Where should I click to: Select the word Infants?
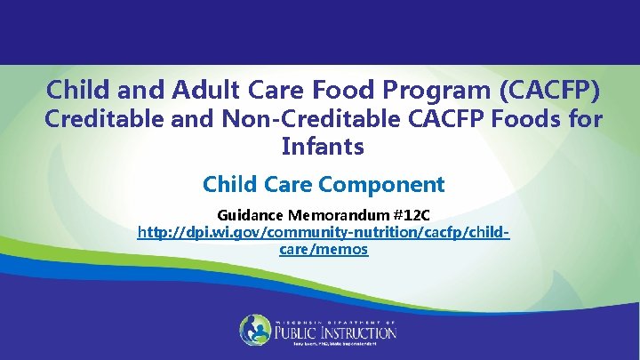[323, 147]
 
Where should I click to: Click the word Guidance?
[250, 215]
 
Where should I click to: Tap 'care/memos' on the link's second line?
[323, 250]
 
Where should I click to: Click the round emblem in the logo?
[255, 331]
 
